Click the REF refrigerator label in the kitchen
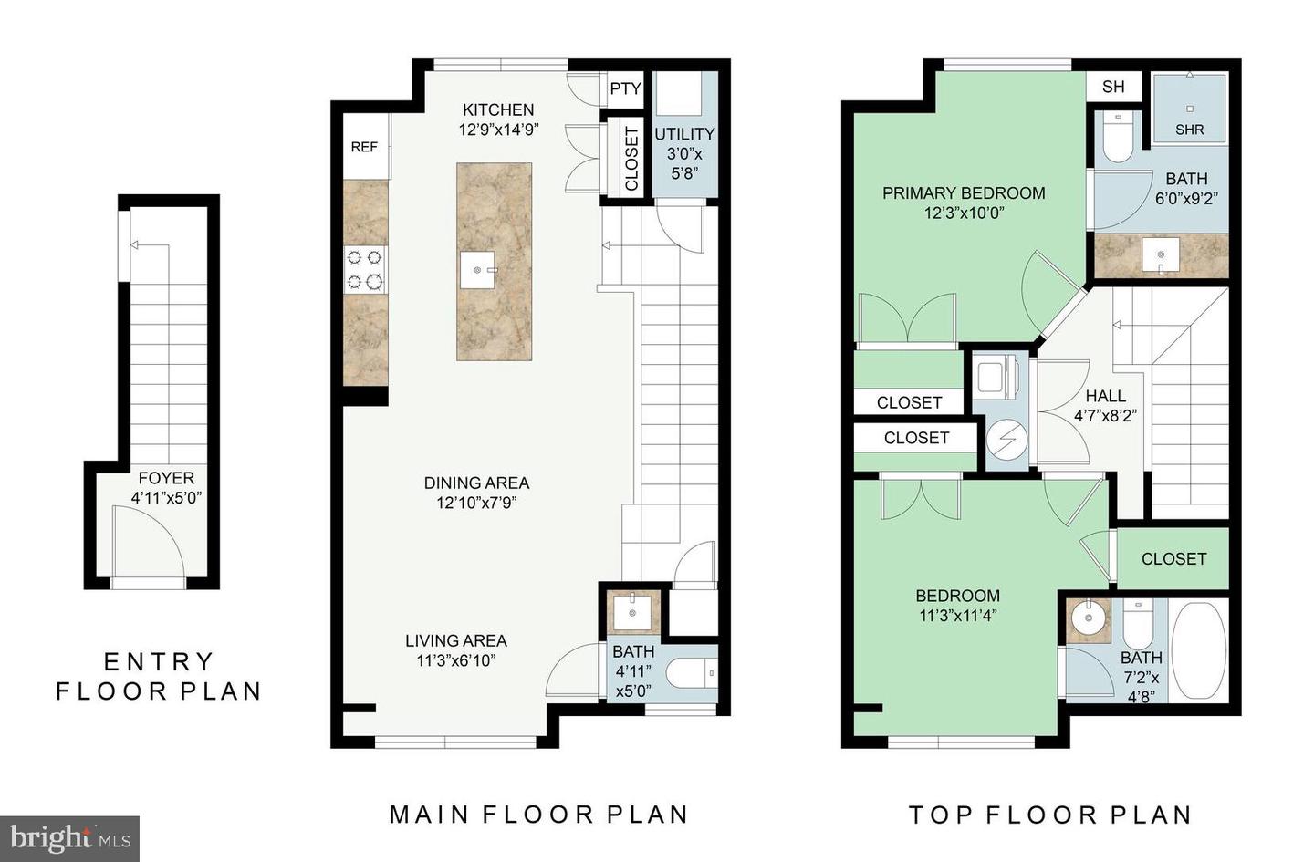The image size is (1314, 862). pyautogui.click(x=364, y=147)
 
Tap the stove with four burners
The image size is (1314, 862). pyautogui.click(x=365, y=270)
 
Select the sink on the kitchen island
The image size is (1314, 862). pyautogui.click(x=478, y=270)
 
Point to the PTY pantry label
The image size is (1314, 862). pyautogui.click(x=625, y=88)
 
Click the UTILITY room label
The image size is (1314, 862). pyautogui.click(x=684, y=134)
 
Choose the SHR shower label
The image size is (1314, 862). pyautogui.click(x=1189, y=130)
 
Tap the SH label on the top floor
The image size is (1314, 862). pyautogui.click(x=1113, y=87)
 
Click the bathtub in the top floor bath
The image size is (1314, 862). pyautogui.click(x=1198, y=650)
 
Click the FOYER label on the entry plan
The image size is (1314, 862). pyautogui.click(x=166, y=478)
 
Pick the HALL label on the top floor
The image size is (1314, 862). pyautogui.click(x=1105, y=396)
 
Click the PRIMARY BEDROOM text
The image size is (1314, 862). pyautogui.click(x=964, y=193)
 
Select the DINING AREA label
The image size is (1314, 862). pyautogui.click(x=476, y=483)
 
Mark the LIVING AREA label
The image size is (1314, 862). pyautogui.click(x=456, y=640)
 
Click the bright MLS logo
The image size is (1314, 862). pyautogui.click(x=69, y=839)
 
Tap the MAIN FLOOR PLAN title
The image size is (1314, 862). pyautogui.click(x=539, y=815)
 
